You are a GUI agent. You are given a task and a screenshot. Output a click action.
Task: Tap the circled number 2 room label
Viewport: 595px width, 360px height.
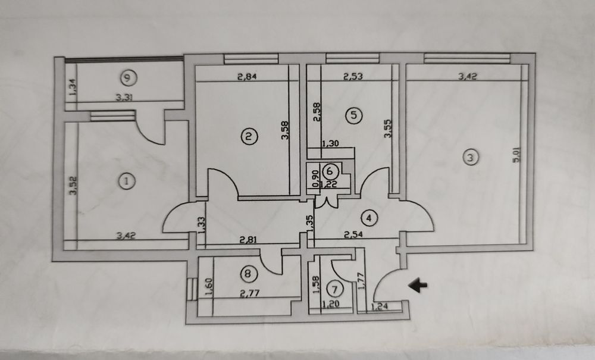click(249, 137)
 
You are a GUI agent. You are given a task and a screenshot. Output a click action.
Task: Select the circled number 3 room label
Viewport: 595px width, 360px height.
click(471, 158)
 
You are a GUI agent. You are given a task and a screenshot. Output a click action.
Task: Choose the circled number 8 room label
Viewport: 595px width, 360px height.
click(248, 274)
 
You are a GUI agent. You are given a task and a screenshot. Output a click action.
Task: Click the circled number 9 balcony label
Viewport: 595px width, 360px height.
click(126, 76)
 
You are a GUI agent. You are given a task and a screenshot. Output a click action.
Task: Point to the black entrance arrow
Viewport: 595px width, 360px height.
click(420, 286)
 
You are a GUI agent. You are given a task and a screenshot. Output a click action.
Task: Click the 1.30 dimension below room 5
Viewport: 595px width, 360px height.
click(331, 143)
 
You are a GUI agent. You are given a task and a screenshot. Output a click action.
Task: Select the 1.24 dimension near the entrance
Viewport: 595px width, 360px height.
click(380, 307)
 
